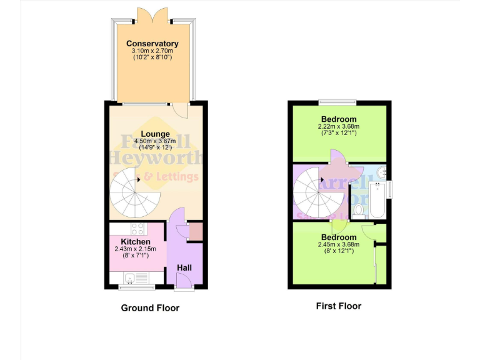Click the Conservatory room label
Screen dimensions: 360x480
point(152,43)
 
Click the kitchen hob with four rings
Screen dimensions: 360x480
point(137,229)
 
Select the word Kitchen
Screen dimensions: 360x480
point(135,242)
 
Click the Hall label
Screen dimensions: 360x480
point(184,267)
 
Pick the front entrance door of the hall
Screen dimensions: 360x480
point(184,287)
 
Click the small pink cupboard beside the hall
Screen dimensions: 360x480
point(196,231)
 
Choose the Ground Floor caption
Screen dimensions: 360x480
point(150,307)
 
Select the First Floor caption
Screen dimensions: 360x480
point(339,306)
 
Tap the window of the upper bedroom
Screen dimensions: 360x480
point(337,102)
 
